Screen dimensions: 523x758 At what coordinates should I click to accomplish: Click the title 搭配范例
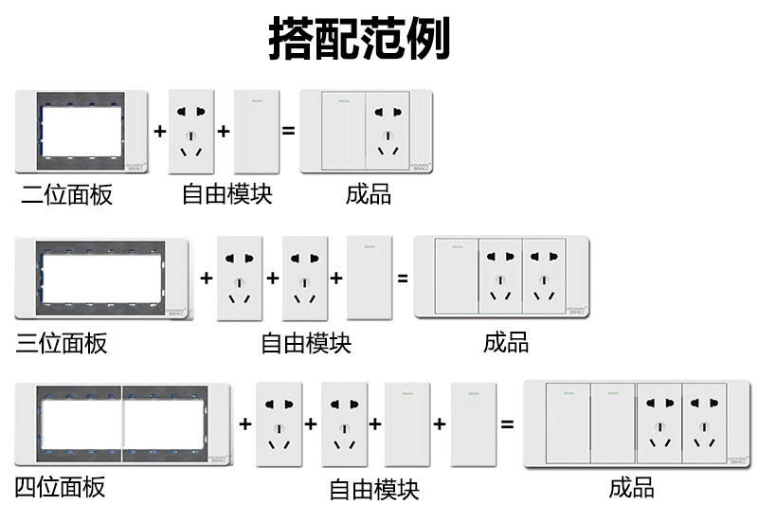[x=359, y=40]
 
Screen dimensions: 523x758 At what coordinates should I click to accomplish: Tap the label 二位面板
[x=67, y=195]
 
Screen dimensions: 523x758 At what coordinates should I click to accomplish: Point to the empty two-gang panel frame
[x=82, y=132]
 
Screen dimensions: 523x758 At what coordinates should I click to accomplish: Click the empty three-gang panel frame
[x=102, y=279]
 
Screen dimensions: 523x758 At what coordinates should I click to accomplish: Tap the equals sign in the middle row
[x=402, y=279]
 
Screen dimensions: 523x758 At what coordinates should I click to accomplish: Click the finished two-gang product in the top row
[x=366, y=132]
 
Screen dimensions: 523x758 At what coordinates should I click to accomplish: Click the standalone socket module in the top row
[x=192, y=132]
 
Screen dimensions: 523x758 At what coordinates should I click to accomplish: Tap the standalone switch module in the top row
[x=258, y=132]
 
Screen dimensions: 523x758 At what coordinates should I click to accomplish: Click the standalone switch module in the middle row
[x=370, y=279]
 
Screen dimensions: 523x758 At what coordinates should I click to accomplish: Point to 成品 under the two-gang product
[x=369, y=194]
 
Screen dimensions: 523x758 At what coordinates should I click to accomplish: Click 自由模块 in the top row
[x=227, y=194]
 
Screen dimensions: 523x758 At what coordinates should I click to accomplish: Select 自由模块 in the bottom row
[x=373, y=489]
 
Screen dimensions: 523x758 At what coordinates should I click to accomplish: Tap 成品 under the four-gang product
[x=631, y=488]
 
